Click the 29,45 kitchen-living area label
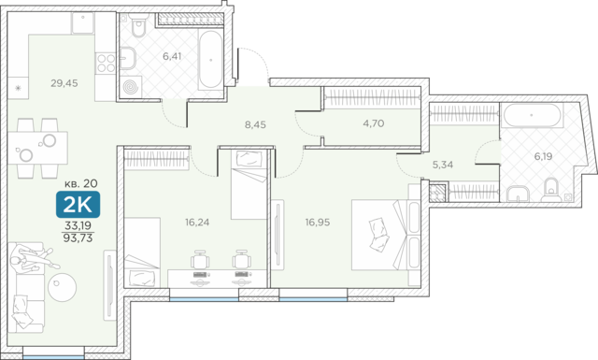tap(64, 83)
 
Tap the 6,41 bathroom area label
tap(172, 56)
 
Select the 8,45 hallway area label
tap(255, 124)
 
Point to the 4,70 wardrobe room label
tap(374, 123)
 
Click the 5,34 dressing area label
tap(442, 165)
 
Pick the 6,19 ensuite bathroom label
tap(543, 156)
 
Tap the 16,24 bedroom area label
tap(197, 222)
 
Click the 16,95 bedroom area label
tap(318, 222)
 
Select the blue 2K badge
tap(78, 205)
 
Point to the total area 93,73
tap(78, 238)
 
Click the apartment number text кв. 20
tap(81, 183)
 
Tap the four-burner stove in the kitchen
tap(106, 63)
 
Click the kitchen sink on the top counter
tap(83, 22)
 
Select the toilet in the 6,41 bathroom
tap(138, 25)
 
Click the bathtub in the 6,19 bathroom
tap(532, 115)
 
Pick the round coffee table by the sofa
tap(63, 287)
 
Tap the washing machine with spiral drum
tap(131, 86)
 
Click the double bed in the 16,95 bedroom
tap(386, 235)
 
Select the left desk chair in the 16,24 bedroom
tap(200, 260)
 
